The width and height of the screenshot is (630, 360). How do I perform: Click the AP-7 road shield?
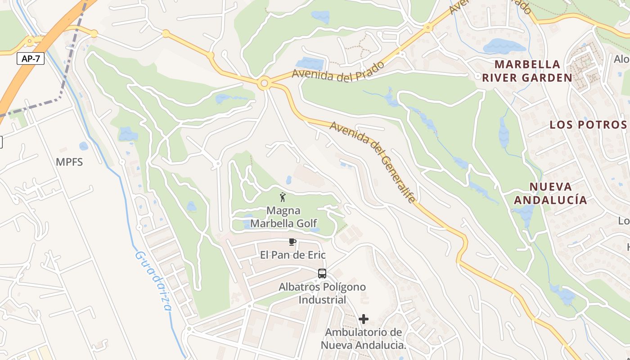point(31,58)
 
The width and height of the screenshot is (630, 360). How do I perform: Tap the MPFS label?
point(69,162)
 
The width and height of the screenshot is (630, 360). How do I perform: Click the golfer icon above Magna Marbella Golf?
point(283,197)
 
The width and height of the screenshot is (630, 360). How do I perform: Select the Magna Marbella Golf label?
point(283,217)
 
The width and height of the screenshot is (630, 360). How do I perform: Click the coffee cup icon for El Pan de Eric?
point(292,242)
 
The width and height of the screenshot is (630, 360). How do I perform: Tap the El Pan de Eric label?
point(292,255)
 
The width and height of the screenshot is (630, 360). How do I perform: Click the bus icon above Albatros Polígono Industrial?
point(322,273)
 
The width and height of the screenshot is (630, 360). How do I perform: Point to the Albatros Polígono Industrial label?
point(322,293)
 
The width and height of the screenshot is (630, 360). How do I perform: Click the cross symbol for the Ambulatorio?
point(364,319)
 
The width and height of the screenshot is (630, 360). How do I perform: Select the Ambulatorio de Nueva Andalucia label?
point(364,339)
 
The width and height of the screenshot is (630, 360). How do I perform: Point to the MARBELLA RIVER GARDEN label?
point(527,71)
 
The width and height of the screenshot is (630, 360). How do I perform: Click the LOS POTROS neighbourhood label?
point(588,125)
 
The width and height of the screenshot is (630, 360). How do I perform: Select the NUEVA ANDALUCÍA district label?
point(550,193)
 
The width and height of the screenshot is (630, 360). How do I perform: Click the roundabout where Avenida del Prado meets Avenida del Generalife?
point(264,83)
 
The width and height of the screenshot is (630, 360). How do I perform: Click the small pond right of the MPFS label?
point(84,146)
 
